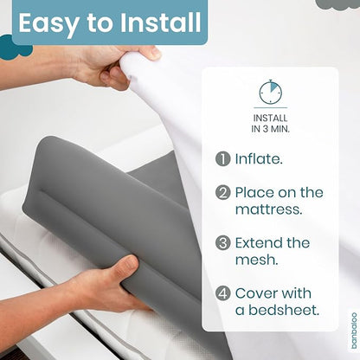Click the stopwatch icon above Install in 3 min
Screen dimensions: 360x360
pyautogui.click(x=270, y=92)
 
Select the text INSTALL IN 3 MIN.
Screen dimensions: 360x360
pyautogui.click(x=270, y=124)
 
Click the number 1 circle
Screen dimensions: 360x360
pyautogui.click(x=222, y=159)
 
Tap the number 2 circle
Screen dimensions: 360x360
pyautogui.click(x=222, y=193)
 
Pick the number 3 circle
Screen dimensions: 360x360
pyautogui.click(x=222, y=243)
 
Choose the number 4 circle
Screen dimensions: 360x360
pyautogui.click(x=222, y=293)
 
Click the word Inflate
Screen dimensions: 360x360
pyautogui.click(x=259, y=158)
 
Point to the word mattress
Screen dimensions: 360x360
pyautogui.click(x=269, y=209)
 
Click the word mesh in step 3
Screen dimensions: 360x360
pyautogui.click(x=257, y=260)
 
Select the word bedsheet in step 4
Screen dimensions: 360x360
pyautogui.click(x=284, y=310)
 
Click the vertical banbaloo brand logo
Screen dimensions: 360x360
pyautogui.click(x=354, y=331)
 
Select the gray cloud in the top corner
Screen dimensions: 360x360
pyautogui.click(x=337, y=4)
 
